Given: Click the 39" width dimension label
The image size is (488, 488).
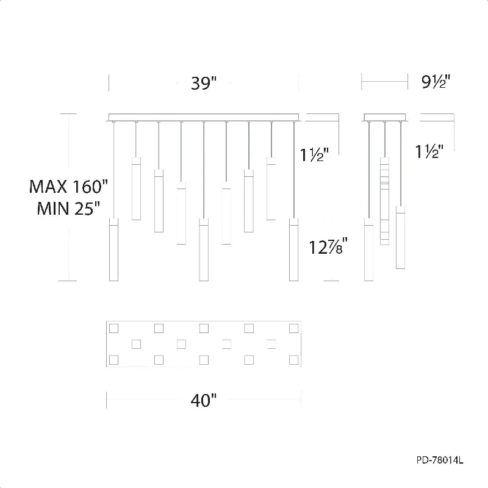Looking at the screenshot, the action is tap(204, 83).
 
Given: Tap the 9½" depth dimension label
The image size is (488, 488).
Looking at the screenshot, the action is tap(436, 82).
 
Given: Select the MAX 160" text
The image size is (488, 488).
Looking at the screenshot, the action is tap(68, 187).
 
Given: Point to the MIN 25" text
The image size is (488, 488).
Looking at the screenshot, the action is tap(68, 208).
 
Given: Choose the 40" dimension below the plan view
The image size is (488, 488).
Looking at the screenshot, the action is tap(204, 401).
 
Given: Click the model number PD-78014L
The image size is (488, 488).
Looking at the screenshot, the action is tap(440, 460).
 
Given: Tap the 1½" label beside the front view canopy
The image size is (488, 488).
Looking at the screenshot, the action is tap(314, 154).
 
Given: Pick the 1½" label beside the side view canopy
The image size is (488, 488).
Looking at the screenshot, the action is tap(429, 151).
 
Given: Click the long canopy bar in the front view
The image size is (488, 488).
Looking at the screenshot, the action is tap(204, 117).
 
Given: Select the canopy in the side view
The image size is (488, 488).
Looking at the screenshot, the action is tap(385, 117).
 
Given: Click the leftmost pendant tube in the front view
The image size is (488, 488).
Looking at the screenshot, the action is tap(113, 249).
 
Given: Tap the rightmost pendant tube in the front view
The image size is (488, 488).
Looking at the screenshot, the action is tap(293, 249).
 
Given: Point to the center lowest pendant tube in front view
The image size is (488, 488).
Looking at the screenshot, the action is tap(204, 249).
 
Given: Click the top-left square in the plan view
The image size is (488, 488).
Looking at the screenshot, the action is tap(113, 328).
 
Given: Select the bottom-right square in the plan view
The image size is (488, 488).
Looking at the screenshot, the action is tap(294, 360).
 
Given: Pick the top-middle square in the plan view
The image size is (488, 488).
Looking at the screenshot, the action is tap(204, 328).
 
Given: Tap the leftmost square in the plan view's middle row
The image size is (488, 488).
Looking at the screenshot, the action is tap(136, 344).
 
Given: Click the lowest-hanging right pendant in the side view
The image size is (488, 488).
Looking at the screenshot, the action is tap(401, 237).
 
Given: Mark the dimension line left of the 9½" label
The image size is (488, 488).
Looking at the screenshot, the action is tap(385, 82).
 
